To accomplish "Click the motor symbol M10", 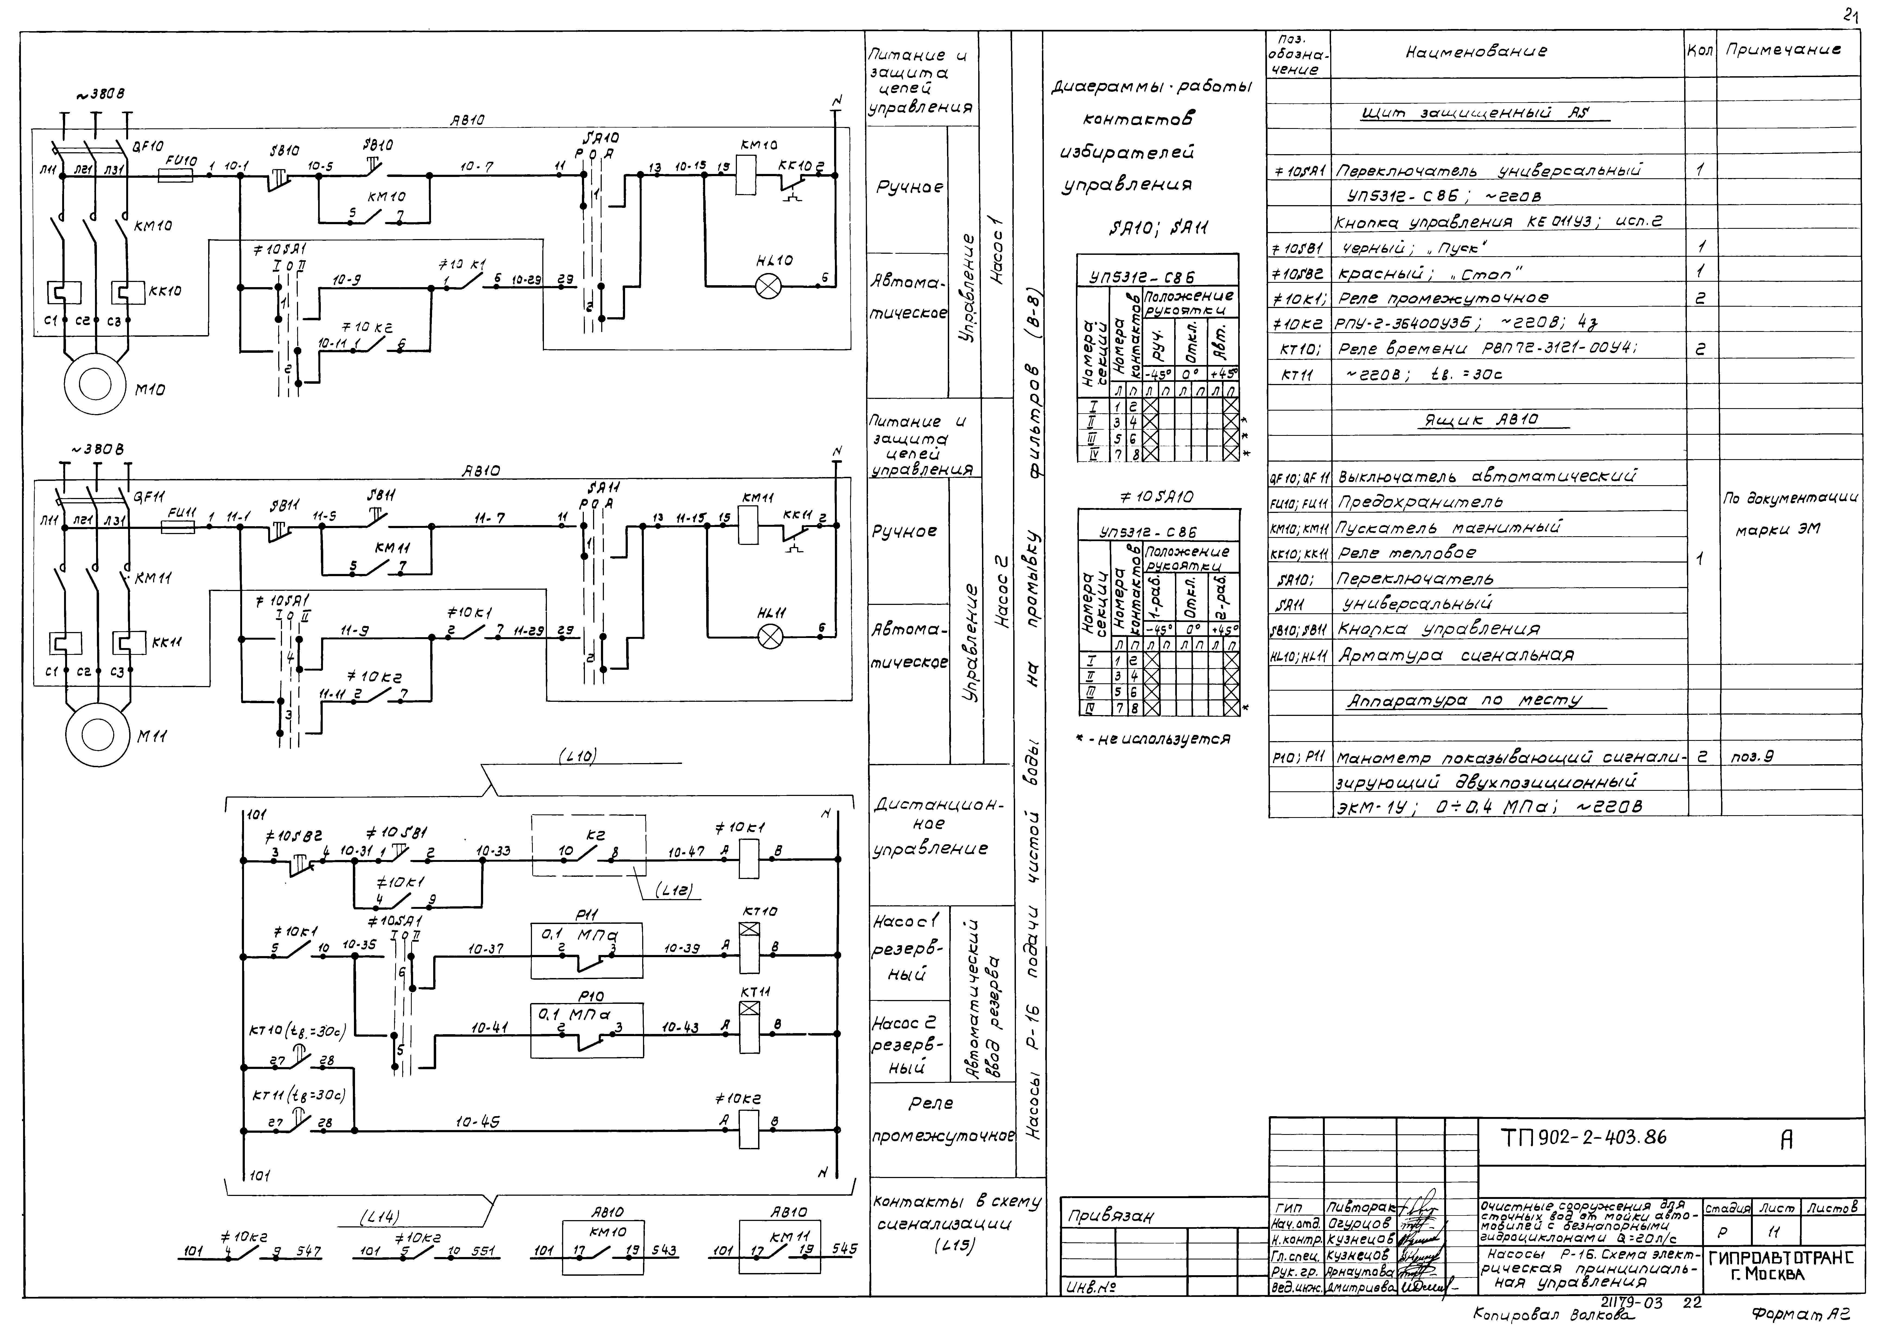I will point(96,383).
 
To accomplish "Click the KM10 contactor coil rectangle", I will point(746,174).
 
